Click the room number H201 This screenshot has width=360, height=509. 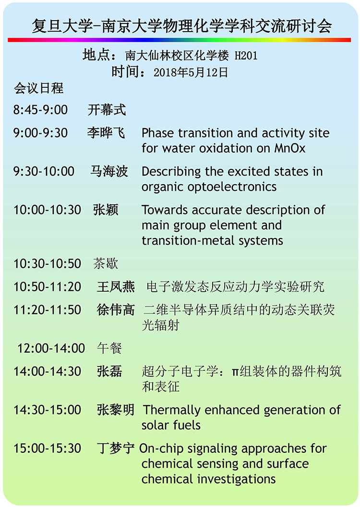tap(246, 56)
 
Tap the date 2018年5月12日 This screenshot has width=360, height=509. tap(191, 72)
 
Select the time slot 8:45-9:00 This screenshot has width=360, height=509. tap(40, 110)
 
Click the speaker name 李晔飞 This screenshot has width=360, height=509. tap(106, 133)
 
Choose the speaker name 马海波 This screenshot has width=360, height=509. tap(109, 171)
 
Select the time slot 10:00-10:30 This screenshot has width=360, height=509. tap(47, 210)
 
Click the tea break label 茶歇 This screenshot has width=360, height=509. tap(106, 263)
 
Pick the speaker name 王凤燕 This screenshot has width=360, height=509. tap(116, 286)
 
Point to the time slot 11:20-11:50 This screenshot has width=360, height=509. tap(47, 310)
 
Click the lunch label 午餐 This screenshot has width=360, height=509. tap(109, 348)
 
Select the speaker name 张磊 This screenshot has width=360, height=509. tap(109, 371)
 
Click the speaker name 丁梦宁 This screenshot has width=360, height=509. tap(116, 448)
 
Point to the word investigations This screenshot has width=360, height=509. tap(237, 479)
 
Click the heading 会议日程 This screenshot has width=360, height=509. tap(39, 88)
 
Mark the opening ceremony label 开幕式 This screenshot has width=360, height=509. tap(107, 110)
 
